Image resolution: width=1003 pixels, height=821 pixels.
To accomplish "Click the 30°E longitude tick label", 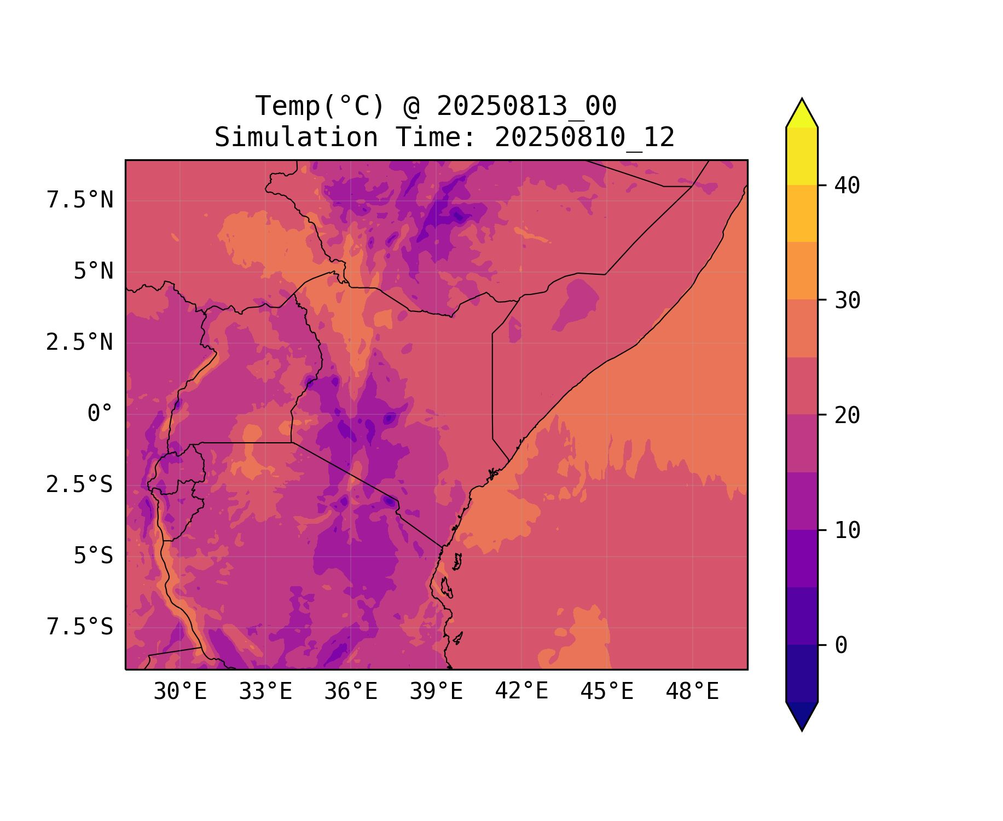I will click(x=180, y=692).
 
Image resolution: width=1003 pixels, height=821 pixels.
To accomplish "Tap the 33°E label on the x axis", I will click(x=265, y=692).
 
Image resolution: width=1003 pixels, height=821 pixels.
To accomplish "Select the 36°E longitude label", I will click(x=351, y=692).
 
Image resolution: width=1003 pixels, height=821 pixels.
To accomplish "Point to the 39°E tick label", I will click(x=436, y=692).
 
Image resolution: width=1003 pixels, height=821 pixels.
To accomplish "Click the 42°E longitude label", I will click(x=521, y=691).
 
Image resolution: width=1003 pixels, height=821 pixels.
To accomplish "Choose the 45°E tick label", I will click(x=607, y=692).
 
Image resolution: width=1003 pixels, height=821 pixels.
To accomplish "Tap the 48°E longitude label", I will click(x=692, y=692).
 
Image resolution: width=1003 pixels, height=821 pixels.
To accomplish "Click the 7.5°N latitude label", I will click(x=80, y=200).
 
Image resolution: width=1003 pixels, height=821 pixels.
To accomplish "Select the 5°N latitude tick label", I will click(x=94, y=271).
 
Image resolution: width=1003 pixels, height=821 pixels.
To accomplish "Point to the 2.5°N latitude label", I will click(x=80, y=343).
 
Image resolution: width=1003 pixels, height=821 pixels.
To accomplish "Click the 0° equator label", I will click(x=100, y=414).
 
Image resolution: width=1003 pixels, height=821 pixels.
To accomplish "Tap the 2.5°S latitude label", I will click(x=80, y=485).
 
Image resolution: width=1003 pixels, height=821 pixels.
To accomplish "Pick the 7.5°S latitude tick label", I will click(x=80, y=627).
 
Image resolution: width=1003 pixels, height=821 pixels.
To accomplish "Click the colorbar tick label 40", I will click(x=847, y=186).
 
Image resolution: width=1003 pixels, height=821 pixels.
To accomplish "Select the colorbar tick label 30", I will click(x=847, y=300).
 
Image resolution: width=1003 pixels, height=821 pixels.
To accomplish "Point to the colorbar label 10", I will click(x=847, y=530).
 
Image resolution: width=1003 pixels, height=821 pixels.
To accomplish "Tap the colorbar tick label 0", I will click(x=841, y=645).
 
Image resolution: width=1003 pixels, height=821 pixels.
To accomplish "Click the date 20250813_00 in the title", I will click(x=526, y=106).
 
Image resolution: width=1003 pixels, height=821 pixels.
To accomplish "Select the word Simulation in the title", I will click(x=296, y=137).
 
